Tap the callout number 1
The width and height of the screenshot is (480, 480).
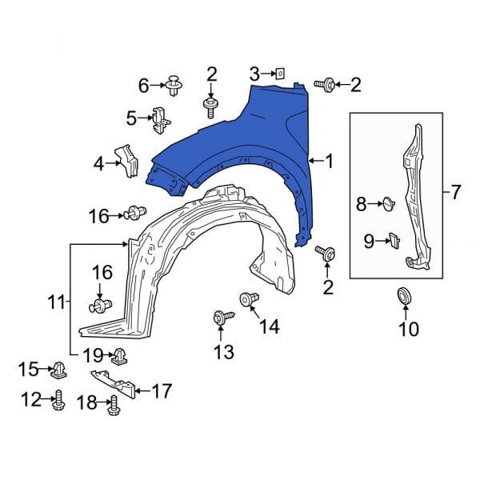(329, 161)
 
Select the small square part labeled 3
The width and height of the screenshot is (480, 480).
(280, 74)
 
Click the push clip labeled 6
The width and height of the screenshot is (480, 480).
(174, 85)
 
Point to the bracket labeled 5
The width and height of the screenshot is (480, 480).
(160, 120)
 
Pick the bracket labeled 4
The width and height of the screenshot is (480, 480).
(126, 161)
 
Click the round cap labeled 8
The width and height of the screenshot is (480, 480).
(389, 204)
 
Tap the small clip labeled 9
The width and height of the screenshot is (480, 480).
(394, 241)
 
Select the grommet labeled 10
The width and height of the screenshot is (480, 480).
(405, 296)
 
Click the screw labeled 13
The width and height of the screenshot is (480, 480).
(223, 317)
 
